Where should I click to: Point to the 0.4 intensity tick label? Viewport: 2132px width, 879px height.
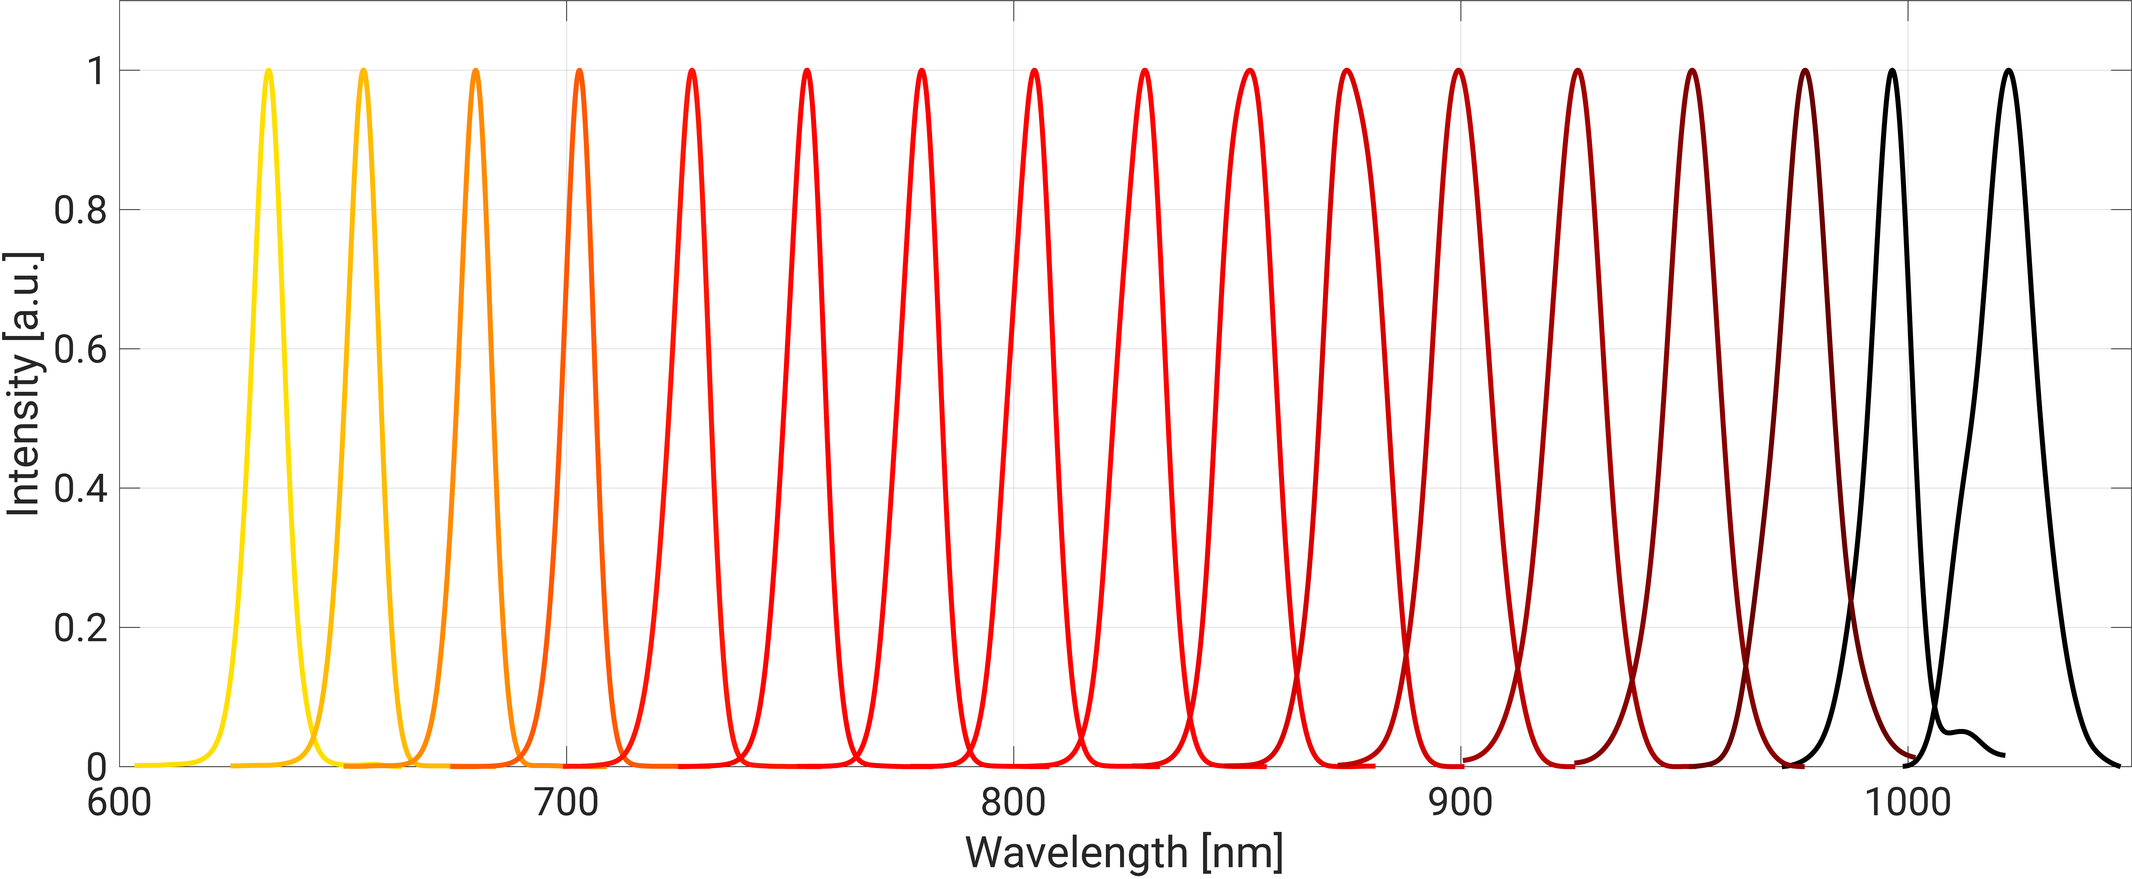pyautogui.click(x=80, y=488)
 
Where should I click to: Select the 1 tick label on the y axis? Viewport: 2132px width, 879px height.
pyautogui.click(x=97, y=71)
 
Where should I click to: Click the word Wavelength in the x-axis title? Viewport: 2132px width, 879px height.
pyautogui.click(x=1076, y=852)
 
